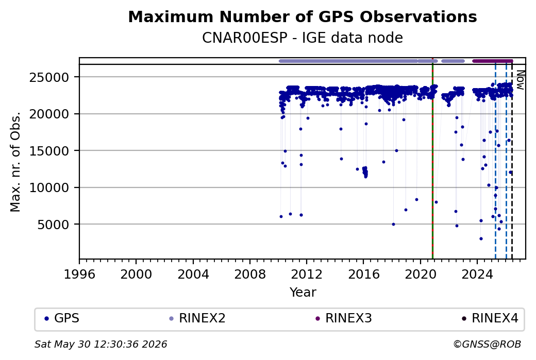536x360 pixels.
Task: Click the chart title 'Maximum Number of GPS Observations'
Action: (x=303, y=16)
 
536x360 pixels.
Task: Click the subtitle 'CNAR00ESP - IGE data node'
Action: (x=303, y=38)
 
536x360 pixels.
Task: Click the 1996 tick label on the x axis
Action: (x=79, y=274)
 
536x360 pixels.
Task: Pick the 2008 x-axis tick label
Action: (x=250, y=274)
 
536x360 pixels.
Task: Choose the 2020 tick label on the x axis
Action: (x=421, y=274)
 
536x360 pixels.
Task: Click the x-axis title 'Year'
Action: (x=303, y=293)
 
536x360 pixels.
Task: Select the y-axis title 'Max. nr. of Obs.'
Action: (x=15, y=162)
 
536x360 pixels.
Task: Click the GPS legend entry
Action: (x=62, y=318)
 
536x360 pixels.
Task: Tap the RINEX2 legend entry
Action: (x=197, y=318)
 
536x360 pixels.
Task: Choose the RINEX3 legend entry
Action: (x=344, y=318)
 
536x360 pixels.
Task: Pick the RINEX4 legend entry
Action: (x=490, y=318)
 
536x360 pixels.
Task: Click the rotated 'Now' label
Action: (x=520, y=80)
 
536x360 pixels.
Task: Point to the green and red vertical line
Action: (x=432, y=159)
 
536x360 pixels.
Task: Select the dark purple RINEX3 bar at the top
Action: (x=493, y=61)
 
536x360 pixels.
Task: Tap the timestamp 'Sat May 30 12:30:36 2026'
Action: (x=101, y=344)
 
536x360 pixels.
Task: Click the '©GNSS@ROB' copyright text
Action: (x=487, y=344)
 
